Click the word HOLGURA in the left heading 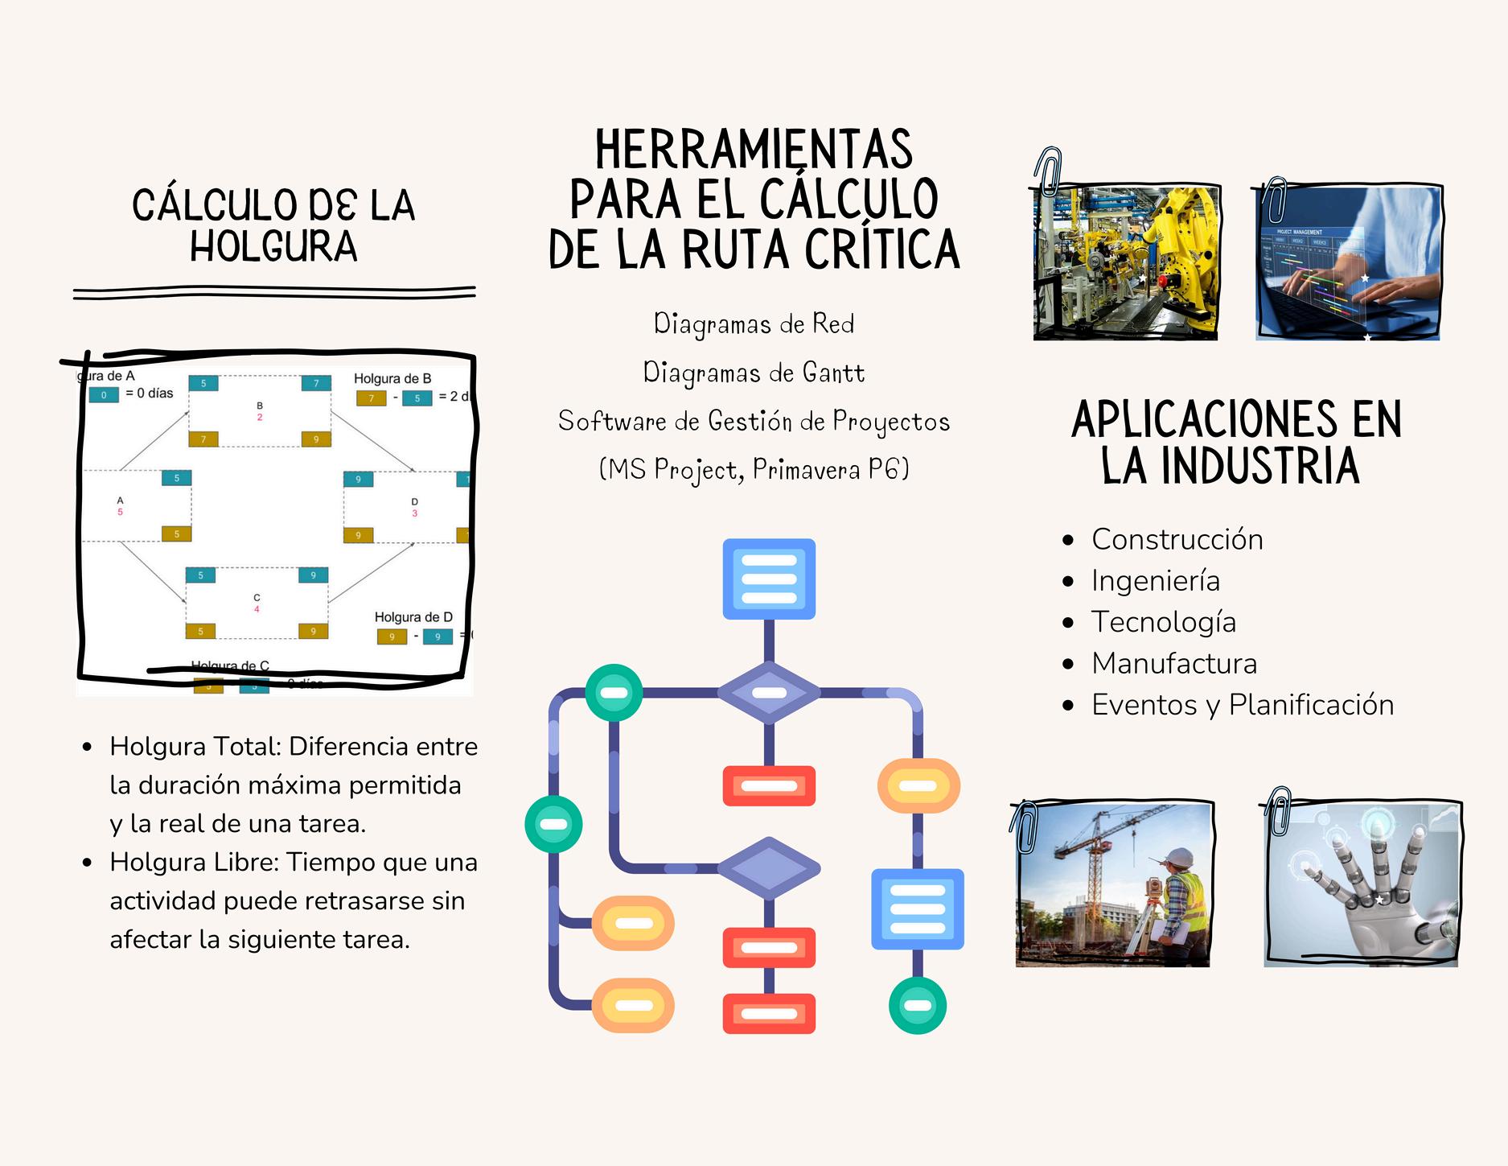point(273,246)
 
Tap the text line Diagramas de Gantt point(754,373)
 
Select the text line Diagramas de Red point(754,323)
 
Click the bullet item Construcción point(1177,539)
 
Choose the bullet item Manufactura point(1173,664)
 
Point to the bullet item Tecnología point(1163,622)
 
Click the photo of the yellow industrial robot point(1126,263)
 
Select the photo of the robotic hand point(1361,885)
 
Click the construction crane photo point(1114,885)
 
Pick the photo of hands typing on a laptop point(1348,263)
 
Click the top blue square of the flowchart point(769,579)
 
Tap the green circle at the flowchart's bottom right point(917,1005)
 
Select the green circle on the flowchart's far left point(553,824)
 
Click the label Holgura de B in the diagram point(392,378)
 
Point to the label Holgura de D point(413,617)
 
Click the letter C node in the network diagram point(257,598)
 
